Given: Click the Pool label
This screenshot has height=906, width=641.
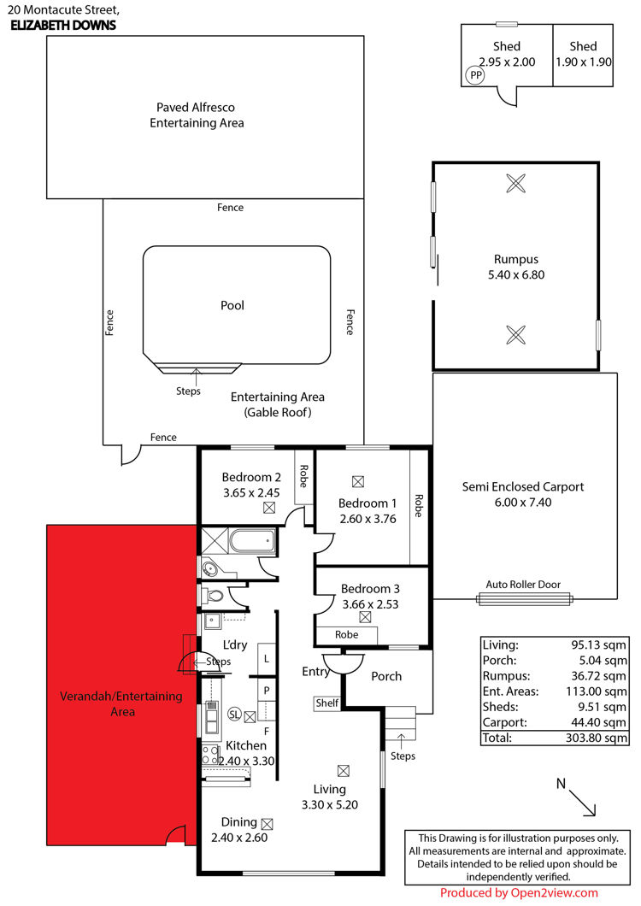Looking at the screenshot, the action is [232, 305].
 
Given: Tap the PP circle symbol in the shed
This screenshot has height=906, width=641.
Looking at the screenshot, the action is [475, 75].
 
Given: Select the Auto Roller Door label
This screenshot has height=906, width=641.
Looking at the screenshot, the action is [523, 584].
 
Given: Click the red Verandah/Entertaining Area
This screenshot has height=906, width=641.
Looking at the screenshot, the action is [121, 685].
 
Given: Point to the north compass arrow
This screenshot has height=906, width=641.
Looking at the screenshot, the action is [582, 803].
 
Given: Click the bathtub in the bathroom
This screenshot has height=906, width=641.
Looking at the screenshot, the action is [252, 542].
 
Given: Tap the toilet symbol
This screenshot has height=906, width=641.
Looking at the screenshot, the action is [214, 595].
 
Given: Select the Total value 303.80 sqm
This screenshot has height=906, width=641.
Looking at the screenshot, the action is [596, 738].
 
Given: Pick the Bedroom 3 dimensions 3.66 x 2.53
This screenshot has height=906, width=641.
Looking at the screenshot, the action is [370, 604].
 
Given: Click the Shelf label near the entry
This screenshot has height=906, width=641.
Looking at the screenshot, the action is [326, 703].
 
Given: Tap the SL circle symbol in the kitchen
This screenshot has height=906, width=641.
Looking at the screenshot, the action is [234, 715].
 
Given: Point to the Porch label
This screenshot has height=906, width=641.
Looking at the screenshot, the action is [386, 676].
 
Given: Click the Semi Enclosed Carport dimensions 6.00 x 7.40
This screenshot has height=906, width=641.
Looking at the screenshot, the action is [523, 502].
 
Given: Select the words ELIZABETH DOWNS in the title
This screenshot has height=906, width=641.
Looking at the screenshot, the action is [63, 25].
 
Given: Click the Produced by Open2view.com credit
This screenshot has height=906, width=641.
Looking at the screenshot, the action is [519, 892].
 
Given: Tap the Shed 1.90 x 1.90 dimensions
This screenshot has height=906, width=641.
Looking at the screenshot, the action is [583, 62].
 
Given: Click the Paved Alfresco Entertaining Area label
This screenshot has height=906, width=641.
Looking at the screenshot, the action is [197, 115].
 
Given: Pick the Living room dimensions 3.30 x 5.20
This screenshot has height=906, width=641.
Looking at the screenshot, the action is [329, 805].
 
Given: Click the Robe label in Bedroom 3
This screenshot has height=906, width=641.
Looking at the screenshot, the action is [347, 634].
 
